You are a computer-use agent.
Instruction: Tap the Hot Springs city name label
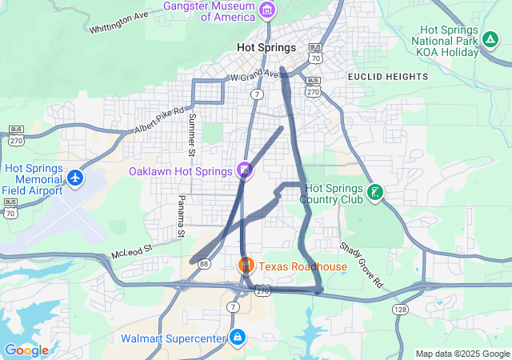click(x=266, y=48)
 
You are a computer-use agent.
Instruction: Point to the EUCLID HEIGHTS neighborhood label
click(x=388, y=76)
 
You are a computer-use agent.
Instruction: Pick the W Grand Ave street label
click(x=254, y=76)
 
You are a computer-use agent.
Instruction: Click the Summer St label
click(x=191, y=134)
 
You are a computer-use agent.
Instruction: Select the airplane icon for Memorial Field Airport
click(x=75, y=177)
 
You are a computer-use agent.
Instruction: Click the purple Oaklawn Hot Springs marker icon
click(x=245, y=170)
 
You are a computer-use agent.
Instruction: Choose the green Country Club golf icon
click(x=374, y=192)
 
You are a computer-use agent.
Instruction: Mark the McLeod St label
click(x=130, y=251)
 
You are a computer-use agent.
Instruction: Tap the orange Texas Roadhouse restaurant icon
click(x=246, y=265)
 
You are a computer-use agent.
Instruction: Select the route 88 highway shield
click(x=206, y=263)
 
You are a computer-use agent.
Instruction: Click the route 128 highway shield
click(x=399, y=309)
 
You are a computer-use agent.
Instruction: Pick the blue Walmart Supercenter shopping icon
click(x=237, y=338)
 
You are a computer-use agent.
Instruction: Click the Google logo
click(x=26, y=350)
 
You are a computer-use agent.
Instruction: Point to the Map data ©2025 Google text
click(x=462, y=354)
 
